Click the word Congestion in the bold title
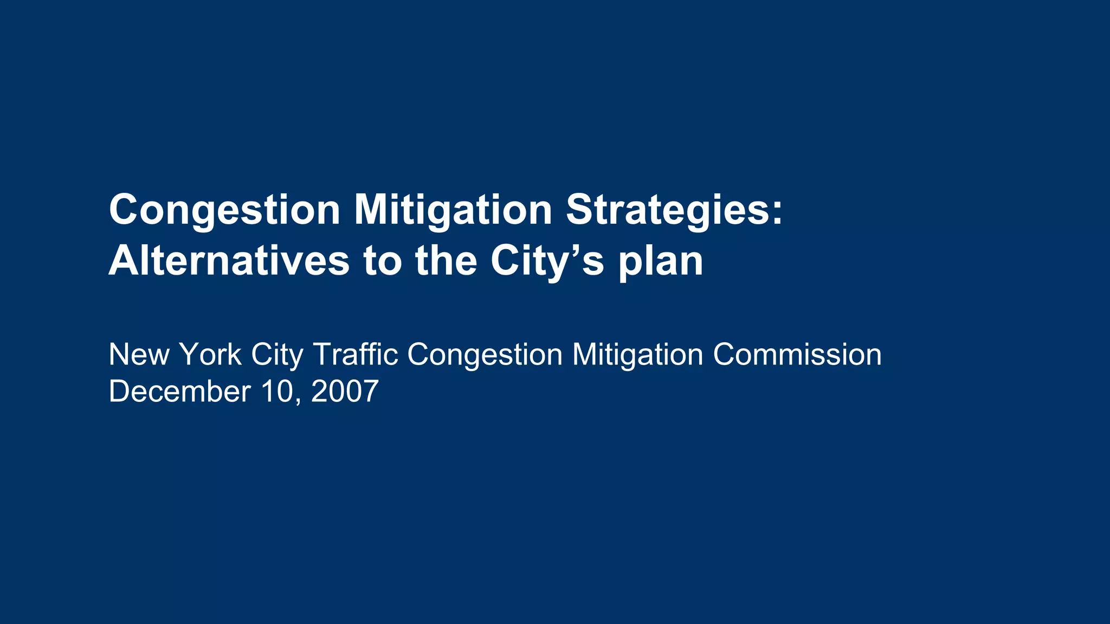[x=224, y=210]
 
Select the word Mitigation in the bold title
[x=453, y=210]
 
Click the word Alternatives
[x=229, y=261]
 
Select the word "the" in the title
[x=446, y=261]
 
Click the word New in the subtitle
[x=139, y=355]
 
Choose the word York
[x=210, y=355]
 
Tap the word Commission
[x=797, y=355]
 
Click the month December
[x=179, y=392]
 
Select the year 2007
[x=345, y=392]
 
